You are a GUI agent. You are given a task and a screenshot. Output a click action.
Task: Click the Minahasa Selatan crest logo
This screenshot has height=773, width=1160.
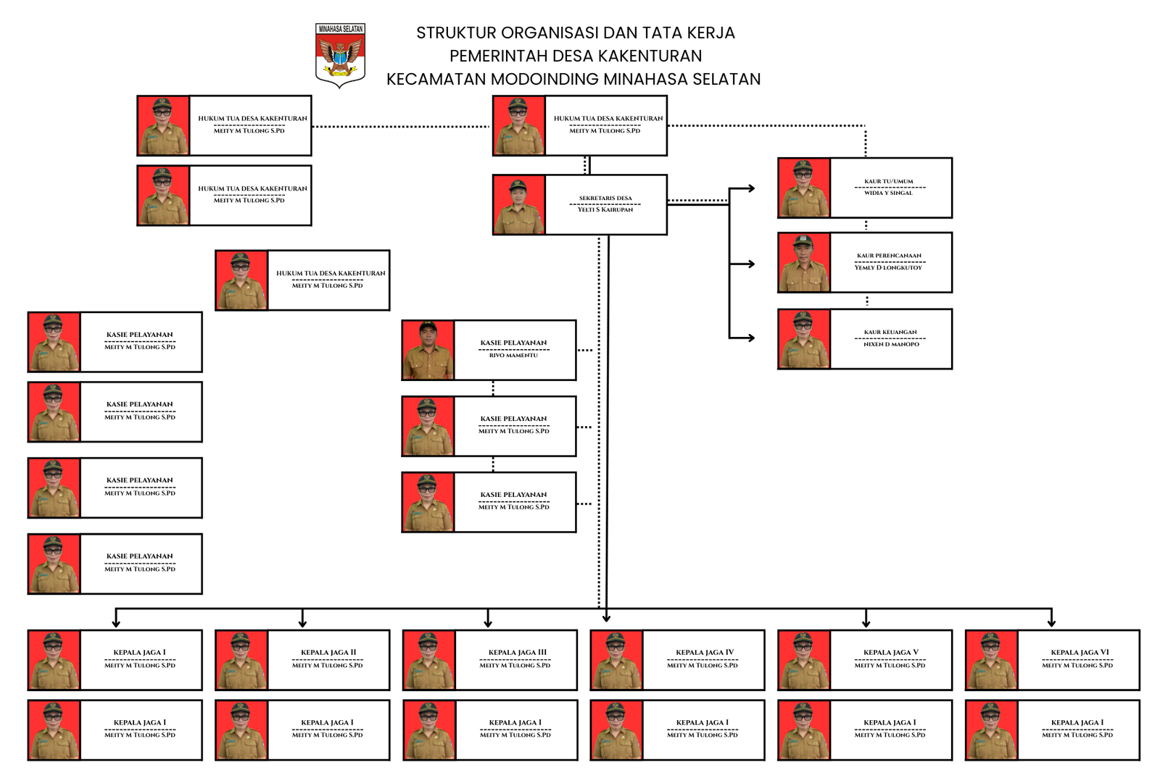click(340, 55)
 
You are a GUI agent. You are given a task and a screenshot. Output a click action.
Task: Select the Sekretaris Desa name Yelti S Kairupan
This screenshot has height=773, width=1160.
click(605, 210)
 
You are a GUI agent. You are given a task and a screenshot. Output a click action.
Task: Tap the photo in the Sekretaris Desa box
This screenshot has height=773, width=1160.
click(518, 205)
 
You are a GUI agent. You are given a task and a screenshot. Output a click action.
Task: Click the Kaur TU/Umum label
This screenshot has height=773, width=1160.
click(888, 181)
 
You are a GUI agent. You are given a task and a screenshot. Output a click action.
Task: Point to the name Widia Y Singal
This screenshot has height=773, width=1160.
click(888, 193)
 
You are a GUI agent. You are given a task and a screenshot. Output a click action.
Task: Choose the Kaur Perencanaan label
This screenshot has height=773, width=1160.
click(889, 256)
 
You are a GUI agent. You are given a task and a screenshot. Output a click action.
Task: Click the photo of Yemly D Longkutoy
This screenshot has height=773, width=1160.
click(803, 263)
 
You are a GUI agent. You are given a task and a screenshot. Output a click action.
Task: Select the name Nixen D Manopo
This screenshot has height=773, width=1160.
click(891, 345)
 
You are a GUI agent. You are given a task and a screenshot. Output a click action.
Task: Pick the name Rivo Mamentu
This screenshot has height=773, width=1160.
click(513, 356)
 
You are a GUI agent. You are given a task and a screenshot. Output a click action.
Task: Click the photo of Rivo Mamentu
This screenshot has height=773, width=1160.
click(428, 351)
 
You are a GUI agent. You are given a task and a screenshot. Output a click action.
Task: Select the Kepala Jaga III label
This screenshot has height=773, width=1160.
click(517, 652)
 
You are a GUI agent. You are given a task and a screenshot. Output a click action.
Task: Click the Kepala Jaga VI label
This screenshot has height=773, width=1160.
click(1080, 652)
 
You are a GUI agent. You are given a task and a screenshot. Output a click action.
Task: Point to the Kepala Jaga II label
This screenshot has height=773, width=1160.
click(328, 652)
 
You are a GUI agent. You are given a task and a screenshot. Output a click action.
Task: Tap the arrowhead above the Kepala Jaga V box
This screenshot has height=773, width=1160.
click(866, 622)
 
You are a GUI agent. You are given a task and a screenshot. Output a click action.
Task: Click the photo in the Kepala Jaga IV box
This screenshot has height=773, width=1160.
click(616, 660)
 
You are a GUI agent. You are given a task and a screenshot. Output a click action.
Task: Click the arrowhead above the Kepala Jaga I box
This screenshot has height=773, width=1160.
click(116, 622)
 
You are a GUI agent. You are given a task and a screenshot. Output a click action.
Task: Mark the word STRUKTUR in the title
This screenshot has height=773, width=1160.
click(456, 33)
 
